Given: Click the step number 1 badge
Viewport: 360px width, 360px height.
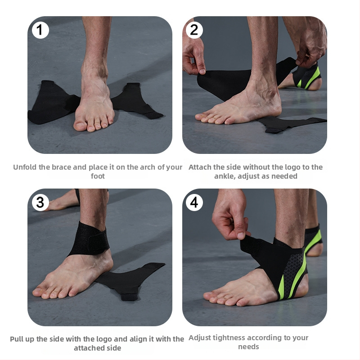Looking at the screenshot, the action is (40, 30).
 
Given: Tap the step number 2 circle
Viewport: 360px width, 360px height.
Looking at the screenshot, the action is (194, 30).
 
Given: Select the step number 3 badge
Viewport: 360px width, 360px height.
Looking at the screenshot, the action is (40, 202).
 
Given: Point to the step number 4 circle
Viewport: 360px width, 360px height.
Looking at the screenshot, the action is (194, 202).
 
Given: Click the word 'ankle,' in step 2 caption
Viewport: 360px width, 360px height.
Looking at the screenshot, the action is (225, 176).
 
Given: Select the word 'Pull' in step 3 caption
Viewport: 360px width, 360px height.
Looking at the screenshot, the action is (16, 339).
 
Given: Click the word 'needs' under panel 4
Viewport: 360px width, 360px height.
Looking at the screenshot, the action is (248, 346).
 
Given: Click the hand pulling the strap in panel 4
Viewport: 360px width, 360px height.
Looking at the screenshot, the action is (230, 216).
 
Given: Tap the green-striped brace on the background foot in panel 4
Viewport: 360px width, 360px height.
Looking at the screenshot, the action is (313, 239).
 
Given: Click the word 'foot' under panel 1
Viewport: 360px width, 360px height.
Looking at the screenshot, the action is (98, 176).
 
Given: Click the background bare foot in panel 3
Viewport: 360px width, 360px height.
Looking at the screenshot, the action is (63, 200).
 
